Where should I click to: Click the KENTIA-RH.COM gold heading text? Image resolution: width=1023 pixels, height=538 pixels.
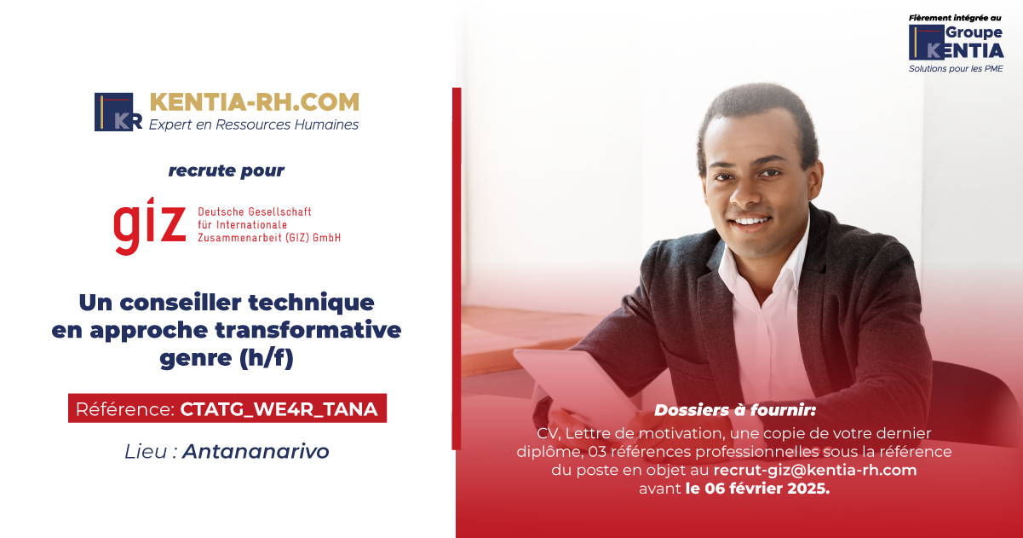point(255,102)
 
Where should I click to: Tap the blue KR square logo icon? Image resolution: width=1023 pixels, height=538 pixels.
point(118,112)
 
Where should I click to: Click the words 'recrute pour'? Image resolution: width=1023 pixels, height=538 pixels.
point(227,171)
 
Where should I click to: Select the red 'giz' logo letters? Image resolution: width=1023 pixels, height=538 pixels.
point(150,226)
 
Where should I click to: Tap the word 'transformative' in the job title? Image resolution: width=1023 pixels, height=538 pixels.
point(308,330)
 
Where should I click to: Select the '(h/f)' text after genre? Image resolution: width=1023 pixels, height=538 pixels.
point(267,358)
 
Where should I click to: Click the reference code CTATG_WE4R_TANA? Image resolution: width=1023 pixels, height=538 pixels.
point(279,409)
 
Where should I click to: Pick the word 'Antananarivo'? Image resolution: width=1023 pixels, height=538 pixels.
point(256,451)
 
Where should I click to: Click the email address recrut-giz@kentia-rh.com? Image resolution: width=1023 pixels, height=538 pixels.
point(815,471)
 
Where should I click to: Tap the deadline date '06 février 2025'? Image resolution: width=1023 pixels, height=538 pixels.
point(767,489)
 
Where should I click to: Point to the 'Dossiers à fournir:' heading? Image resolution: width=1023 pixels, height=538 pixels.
point(735,410)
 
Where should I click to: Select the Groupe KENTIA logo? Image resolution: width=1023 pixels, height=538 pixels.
point(956,43)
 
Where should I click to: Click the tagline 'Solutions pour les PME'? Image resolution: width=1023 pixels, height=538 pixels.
point(956,69)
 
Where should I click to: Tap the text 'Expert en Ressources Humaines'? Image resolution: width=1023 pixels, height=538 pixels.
point(254,124)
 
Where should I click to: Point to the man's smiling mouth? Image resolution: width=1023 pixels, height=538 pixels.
point(750,222)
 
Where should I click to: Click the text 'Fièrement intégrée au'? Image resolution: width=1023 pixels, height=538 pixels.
point(955,18)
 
